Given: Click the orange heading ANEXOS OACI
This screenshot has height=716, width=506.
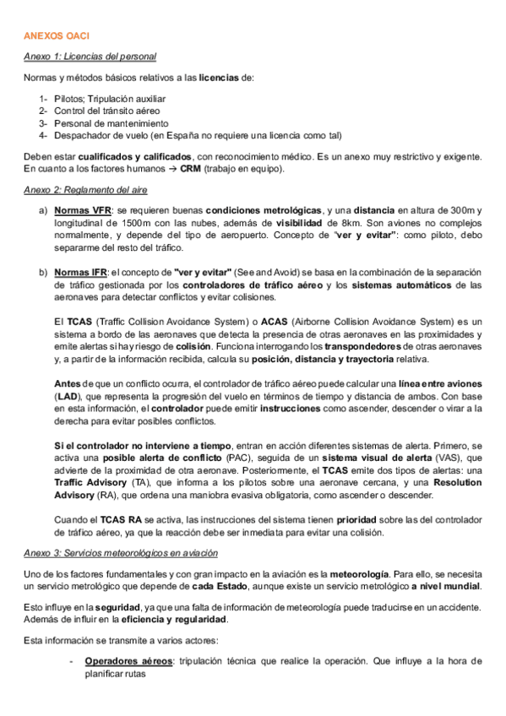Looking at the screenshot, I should pyautogui.click(x=56, y=36).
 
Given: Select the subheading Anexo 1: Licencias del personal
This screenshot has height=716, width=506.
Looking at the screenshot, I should pyautogui.click(x=90, y=57).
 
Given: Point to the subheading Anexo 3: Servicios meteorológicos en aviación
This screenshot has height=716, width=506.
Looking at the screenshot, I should pyautogui.click(x=121, y=552).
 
